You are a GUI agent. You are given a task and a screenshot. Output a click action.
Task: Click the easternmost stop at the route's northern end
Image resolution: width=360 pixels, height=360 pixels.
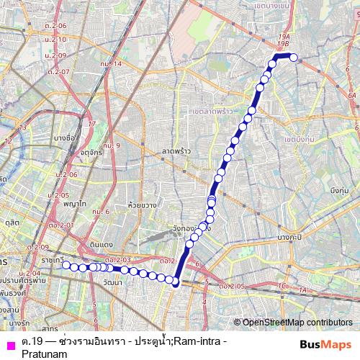(x=294, y=57)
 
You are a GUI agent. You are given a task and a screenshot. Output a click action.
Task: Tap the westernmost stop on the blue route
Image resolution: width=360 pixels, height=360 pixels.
(x=66, y=265)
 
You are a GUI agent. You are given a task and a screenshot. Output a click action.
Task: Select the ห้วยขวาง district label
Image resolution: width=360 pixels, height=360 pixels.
(x=137, y=195)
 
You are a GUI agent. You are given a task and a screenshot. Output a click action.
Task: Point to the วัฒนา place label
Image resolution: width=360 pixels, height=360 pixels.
(x=112, y=283)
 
